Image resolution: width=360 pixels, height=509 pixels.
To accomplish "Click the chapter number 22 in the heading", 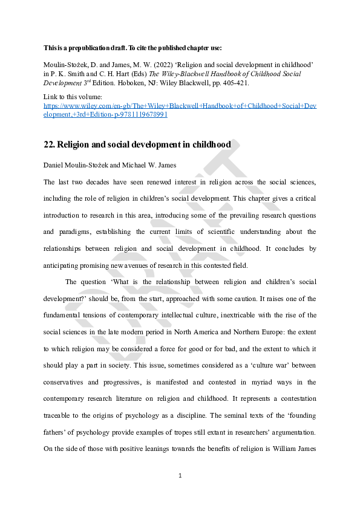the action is point(49,144).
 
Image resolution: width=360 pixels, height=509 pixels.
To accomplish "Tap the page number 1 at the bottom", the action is point(180,476).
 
